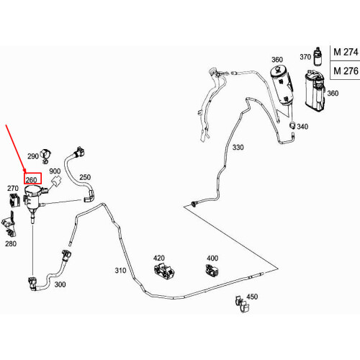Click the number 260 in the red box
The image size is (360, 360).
tap(31, 180)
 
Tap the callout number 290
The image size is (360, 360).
tap(33, 156)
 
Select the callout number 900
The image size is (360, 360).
tap(55, 171)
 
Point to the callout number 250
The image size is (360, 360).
tap(85, 177)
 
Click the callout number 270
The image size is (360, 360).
tap(13, 188)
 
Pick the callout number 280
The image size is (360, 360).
tap(11, 243)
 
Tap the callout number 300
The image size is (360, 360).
tap(60, 284)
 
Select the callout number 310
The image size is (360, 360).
tap(120, 271)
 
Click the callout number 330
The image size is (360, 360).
tap(238, 147)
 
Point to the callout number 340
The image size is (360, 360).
tap(302, 127)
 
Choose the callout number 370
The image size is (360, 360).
tap(305, 57)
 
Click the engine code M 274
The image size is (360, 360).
tap(346, 52)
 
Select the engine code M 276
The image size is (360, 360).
tap(346, 71)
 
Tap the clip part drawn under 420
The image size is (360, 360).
tap(164, 271)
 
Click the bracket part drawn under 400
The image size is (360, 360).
tap(212, 271)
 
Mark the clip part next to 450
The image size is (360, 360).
tap(242, 305)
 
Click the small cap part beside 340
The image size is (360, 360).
tap(292, 125)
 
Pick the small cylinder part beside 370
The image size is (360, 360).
tap(318, 56)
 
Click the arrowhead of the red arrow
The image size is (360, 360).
tap(24, 171)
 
